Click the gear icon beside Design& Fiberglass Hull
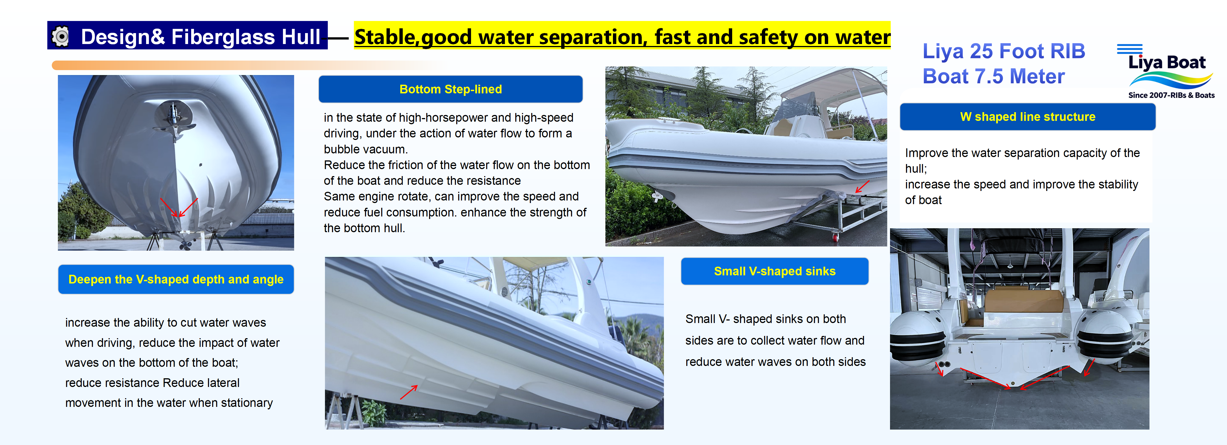(60, 36)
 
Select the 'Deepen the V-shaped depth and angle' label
(176, 280)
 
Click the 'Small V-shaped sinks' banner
(774, 271)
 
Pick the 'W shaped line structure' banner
(1027, 117)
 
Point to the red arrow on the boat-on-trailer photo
(862, 186)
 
